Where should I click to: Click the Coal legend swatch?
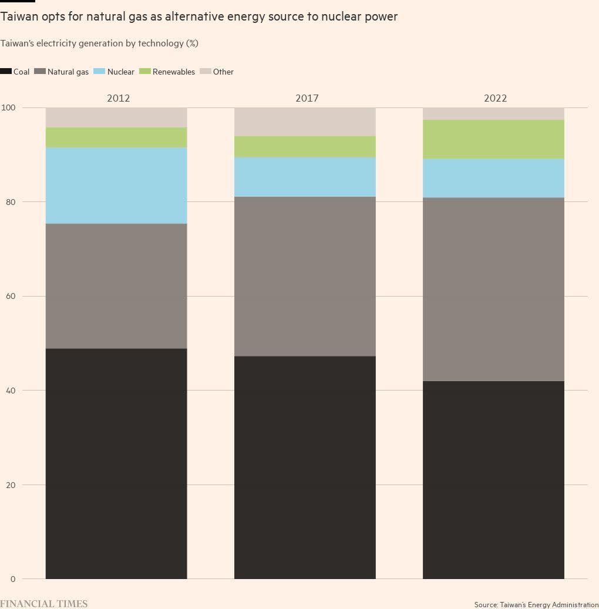(6, 72)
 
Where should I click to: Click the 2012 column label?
(118, 98)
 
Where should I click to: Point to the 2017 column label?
(307, 98)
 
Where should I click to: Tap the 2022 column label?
(495, 98)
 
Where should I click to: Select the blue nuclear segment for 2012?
(116, 185)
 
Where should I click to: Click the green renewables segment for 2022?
(493, 139)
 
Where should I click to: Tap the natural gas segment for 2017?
(305, 276)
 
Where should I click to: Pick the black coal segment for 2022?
(493, 480)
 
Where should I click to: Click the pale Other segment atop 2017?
(305, 122)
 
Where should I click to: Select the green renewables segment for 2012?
(116, 137)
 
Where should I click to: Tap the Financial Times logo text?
(44, 603)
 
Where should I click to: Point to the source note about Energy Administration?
(536, 604)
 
